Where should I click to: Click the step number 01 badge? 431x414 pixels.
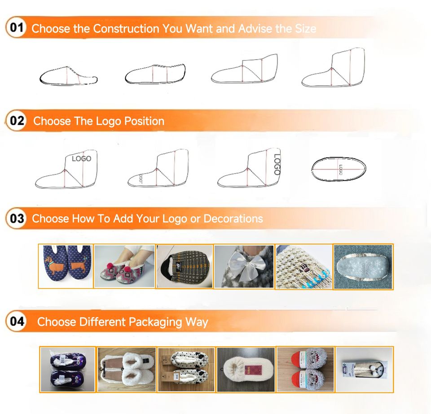click(17, 27)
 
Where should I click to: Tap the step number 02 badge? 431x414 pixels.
click(17, 121)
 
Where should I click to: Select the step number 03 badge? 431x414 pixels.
click(17, 218)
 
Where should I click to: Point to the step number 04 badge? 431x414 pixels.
click(17, 321)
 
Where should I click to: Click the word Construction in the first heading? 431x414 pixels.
click(126, 29)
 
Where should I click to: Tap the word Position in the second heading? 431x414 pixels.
click(144, 121)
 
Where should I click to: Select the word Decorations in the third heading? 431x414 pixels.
click(233, 218)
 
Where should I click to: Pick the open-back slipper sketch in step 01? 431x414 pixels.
click(68, 75)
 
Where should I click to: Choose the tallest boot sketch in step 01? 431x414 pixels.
click(334, 67)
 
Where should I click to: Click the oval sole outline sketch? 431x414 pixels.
click(339, 169)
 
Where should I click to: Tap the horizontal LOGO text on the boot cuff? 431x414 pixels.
click(81, 158)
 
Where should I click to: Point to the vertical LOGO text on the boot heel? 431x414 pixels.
click(277, 164)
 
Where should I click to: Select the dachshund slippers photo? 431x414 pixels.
click(66, 266)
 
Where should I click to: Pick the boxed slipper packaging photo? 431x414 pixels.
click(365, 369)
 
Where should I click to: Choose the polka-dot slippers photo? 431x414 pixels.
click(186, 369)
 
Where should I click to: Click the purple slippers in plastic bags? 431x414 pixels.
click(67, 369)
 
